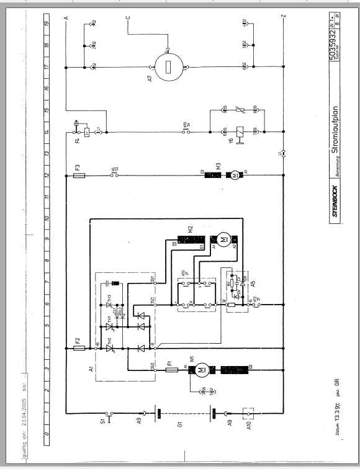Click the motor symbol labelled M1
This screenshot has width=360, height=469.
click(200, 370)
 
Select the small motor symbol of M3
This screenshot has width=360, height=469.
click(235, 176)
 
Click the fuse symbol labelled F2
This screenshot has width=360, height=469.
click(78, 348)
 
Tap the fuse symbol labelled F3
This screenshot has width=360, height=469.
click(78, 176)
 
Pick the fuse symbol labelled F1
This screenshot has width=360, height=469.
click(172, 370)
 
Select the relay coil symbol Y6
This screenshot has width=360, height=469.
click(240, 131)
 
